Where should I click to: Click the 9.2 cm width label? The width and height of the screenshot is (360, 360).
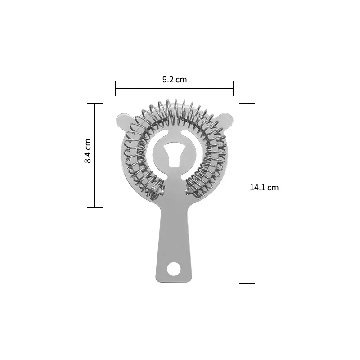tap(175, 80)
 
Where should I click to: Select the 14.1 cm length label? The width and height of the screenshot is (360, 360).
tap(264, 188)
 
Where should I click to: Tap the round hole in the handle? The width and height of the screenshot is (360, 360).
tap(173, 269)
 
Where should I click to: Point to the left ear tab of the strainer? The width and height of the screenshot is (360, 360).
tap(123, 121)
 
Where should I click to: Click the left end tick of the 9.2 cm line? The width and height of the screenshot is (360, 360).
tap(115, 88)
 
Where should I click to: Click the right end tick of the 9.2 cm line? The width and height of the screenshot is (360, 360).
tap(233, 88)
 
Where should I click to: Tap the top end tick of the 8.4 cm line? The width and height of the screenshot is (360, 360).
tap(95, 104)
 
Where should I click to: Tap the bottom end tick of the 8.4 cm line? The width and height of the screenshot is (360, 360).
tap(95, 208)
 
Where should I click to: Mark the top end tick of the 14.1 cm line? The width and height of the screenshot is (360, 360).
tap(247, 104)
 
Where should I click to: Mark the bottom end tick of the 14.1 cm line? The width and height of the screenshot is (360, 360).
tap(247, 283)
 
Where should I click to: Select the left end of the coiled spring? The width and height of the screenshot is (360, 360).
tap(157, 191)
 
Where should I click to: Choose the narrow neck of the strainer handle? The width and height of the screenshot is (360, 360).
tap(173, 220)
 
